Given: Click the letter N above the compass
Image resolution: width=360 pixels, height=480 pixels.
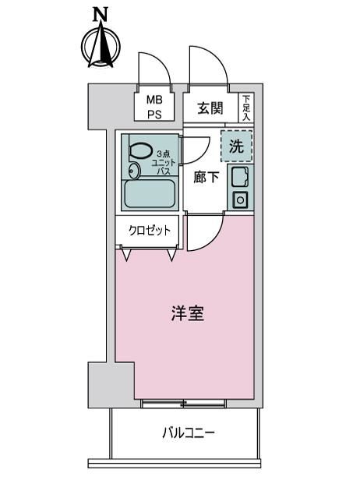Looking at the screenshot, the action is coord(101,14).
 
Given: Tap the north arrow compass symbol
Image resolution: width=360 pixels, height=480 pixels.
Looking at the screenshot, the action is coord(101,46).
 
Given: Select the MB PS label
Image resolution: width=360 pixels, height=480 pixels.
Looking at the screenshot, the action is coord(154,107).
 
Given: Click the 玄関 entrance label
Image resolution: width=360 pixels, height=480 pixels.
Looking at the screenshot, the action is coord(210,108).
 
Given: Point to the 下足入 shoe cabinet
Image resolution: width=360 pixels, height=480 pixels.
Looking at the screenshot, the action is coord(246,108).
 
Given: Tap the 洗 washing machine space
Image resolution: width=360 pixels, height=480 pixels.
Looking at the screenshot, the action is coord(237,146).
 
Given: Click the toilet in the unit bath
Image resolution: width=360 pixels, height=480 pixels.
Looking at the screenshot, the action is coord(141,150).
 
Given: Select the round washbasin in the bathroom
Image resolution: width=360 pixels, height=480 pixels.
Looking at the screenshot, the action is coord(134,171).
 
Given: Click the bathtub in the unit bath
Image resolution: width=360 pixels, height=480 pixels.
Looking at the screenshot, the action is coord(150,194).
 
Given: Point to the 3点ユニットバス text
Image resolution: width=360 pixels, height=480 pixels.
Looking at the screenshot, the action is coord(165,162).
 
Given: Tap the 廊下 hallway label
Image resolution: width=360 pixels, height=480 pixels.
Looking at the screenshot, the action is coord(206,177).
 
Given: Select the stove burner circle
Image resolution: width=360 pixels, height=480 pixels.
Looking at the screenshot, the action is coord(241,200).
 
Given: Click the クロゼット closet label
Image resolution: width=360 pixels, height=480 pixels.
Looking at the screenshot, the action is coord(149,230).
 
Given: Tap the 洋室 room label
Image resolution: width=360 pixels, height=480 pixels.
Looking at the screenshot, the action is coord(187,313).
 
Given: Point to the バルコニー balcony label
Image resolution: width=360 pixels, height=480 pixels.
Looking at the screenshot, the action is coord(189,432).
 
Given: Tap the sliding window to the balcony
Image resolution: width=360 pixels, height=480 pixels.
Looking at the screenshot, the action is coord(184,404).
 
